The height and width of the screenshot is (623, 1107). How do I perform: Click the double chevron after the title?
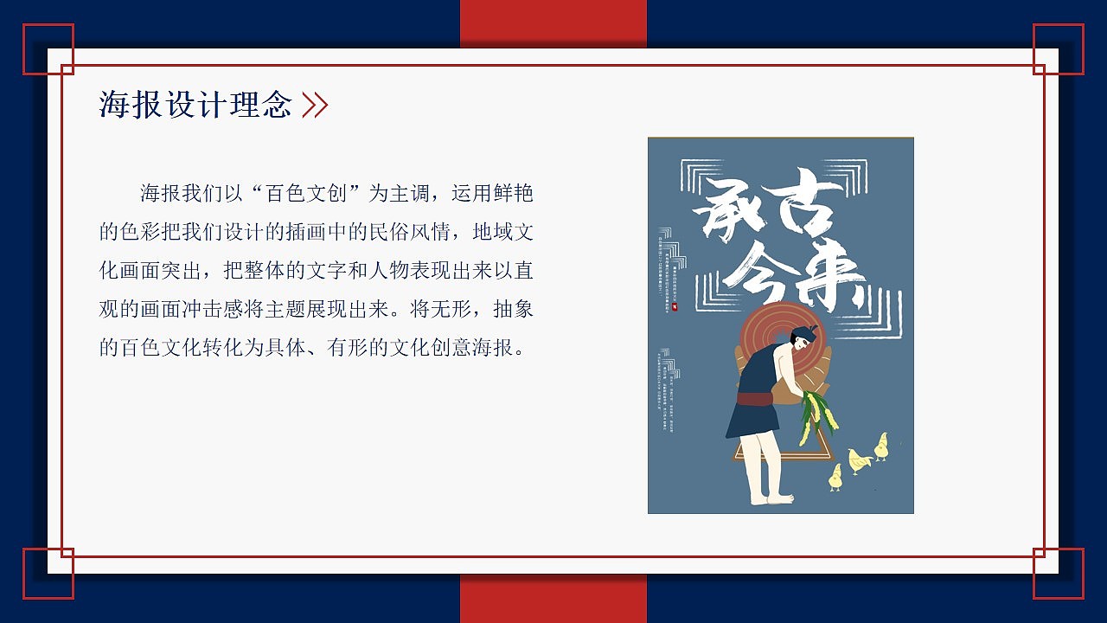click(315, 105)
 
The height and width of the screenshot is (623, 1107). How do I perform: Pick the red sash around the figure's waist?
click(754, 399)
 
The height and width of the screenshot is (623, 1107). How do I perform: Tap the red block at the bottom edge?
click(553, 599)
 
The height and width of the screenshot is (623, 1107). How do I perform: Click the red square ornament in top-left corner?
click(48, 49)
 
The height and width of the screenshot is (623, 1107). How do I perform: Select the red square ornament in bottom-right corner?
click(1059, 573)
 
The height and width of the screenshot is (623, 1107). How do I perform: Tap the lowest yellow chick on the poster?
click(835, 477)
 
